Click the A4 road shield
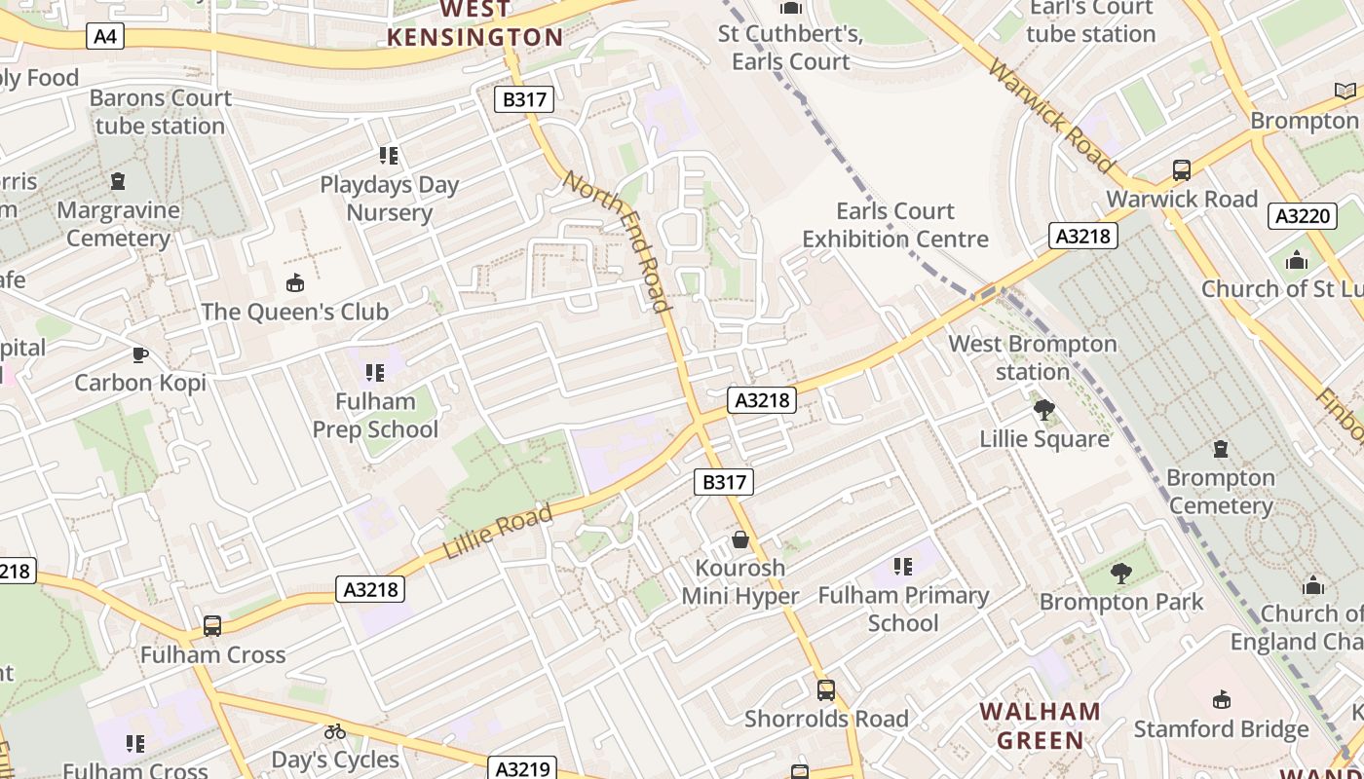tap(105, 37)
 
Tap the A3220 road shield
tap(1302, 215)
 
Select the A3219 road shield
tap(522, 768)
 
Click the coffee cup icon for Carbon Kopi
tap(140, 354)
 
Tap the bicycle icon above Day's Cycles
tap(335, 731)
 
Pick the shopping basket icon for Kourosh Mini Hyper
tap(740, 539)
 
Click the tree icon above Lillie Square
tap(1044, 410)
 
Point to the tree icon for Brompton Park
tap(1121, 574)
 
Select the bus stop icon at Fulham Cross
tap(212, 626)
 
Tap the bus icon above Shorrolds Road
tap(826, 690)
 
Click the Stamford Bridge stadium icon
tap(1221, 700)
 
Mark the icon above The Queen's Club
tap(294, 283)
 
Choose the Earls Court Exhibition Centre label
tap(894, 225)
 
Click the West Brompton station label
tap(1032, 357)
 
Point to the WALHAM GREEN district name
tap(1040, 725)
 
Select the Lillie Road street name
tap(498, 532)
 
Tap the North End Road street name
tap(618, 241)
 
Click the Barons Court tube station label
tap(161, 112)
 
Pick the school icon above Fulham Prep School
tap(375, 372)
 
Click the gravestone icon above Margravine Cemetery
tap(118, 181)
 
